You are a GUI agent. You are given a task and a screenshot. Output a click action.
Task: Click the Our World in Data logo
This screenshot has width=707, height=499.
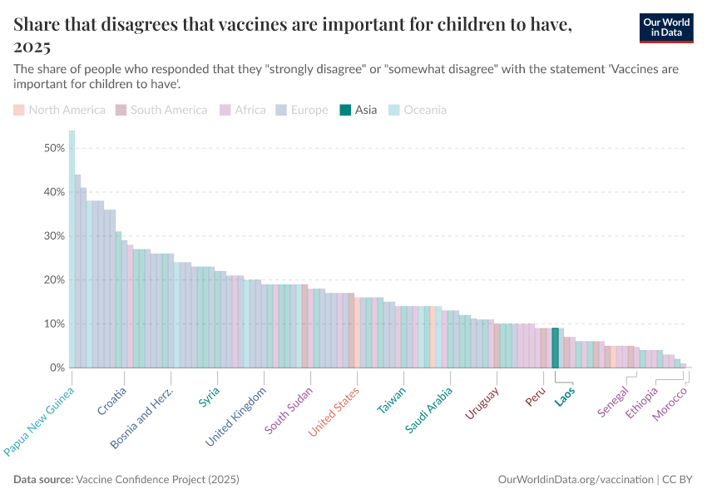tap(665, 27)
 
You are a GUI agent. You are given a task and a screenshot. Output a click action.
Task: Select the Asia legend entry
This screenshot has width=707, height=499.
tap(359, 110)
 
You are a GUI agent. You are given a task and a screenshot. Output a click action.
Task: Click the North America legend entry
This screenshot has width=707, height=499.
tap(60, 110)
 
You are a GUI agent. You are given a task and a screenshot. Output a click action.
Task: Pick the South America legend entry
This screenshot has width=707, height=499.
tap(161, 110)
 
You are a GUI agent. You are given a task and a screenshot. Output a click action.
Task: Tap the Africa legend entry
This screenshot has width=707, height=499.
tap(243, 110)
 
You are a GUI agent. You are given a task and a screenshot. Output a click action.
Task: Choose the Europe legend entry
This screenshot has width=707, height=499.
tap(302, 110)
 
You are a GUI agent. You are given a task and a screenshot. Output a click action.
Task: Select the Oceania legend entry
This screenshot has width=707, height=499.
tap(418, 110)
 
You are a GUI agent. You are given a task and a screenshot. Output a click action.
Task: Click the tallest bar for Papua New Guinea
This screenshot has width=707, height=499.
tap(72, 249)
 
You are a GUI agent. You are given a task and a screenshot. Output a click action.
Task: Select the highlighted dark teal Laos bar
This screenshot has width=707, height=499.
tap(555, 348)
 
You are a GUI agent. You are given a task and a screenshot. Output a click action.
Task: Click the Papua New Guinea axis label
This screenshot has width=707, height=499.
tap(40, 421)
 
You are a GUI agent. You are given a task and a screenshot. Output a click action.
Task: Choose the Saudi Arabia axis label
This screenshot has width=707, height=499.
tap(429, 409)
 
